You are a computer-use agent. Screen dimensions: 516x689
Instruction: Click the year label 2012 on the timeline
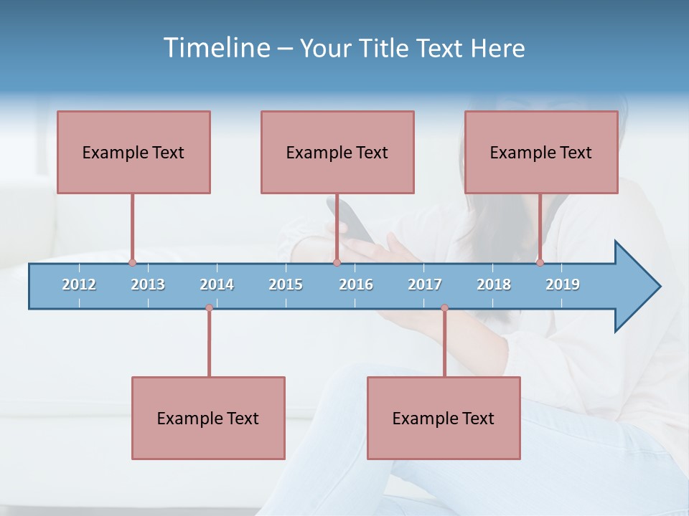[x=79, y=285]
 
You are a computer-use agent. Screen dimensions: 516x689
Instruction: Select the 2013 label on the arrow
[x=148, y=285]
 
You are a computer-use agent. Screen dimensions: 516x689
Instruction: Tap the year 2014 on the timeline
[x=217, y=285]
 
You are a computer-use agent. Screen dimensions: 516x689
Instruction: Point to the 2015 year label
[x=286, y=285]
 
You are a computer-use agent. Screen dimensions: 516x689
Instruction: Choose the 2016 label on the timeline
[x=356, y=285]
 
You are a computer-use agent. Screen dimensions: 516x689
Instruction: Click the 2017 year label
[x=425, y=285]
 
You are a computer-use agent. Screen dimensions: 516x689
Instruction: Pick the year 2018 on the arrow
[x=494, y=285]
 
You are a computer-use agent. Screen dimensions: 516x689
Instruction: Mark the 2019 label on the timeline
[x=563, y=285]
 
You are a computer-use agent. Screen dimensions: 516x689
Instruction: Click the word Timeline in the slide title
[x=216, y=48]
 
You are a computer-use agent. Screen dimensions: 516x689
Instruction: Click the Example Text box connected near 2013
[x=133, y=152]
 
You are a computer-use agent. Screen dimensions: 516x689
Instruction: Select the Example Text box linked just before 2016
[x=337, y=152]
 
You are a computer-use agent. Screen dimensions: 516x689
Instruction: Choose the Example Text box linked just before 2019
[x=541, y=152]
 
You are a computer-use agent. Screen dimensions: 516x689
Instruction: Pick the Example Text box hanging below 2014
[x=208, y=418]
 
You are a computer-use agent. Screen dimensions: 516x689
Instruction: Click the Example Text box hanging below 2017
[x=444, y=418]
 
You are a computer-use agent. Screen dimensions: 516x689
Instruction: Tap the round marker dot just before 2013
[x=132, y=262]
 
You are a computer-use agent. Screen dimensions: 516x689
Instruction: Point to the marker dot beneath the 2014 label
[x=209, y=308]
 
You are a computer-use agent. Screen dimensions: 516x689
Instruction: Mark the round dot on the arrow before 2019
[x=540, y=262]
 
